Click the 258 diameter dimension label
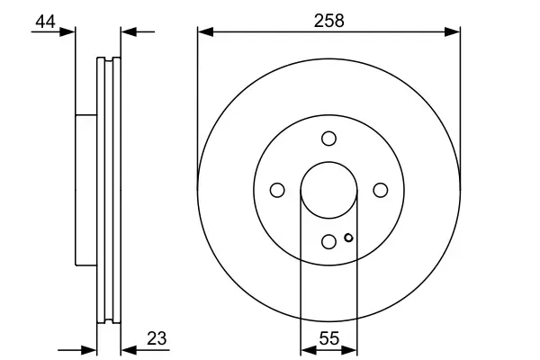pyautogui.click(x=328, y=21)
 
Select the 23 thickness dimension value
pyautogui.click(x=157, y=338)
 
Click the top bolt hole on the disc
pyautogui.click(x=328, y=138)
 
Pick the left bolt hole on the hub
pyautogui.click(x=277, y=189)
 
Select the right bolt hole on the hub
pyautogui.click(x=380, y=189)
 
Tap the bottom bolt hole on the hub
pyautogui.click(x=328, y=240)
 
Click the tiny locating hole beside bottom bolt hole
pyautogui.click(x=347, y=238)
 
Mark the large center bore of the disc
pyautogui.click(x=328, y=189)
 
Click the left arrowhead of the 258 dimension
pyautogui.click(x=203, y=32)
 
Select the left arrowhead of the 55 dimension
pyautogui.click(x=306, y=349)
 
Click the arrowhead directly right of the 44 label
pyautogui.click(x=69, y=32)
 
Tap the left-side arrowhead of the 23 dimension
pyautogui.click(x=89, y=349)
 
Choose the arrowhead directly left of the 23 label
pyautogui.click(x=127, y=349)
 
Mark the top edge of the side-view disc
pyautogui.click(x=108, y=59)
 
